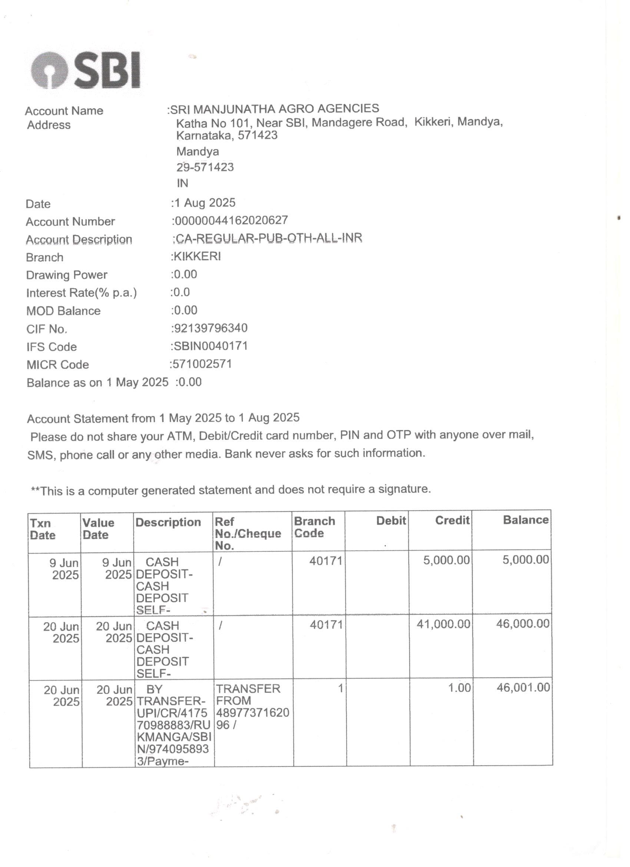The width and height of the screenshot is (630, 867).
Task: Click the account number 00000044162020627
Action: [x=231, y=220]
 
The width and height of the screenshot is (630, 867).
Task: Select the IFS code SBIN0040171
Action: [x=210, y=346]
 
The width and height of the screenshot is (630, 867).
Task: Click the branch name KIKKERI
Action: [x=197, y=256]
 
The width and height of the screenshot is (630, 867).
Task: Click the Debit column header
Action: [x=391, y=521]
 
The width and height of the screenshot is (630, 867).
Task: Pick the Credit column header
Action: [x=452, y=520]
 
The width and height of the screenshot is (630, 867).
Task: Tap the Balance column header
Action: [x=525, y=520]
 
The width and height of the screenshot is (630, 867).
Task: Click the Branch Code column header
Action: [x=314, y=527]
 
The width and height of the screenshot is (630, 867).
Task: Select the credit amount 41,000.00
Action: [x=443, y=624]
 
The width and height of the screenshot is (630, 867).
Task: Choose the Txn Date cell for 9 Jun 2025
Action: [x=64, y=569]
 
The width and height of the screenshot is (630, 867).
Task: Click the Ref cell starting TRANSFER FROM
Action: [x=252, y=706]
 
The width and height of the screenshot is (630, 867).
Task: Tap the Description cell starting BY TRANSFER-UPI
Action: [x=173, y=724]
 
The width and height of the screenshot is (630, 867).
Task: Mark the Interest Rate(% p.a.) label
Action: [x=82, y=293]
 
